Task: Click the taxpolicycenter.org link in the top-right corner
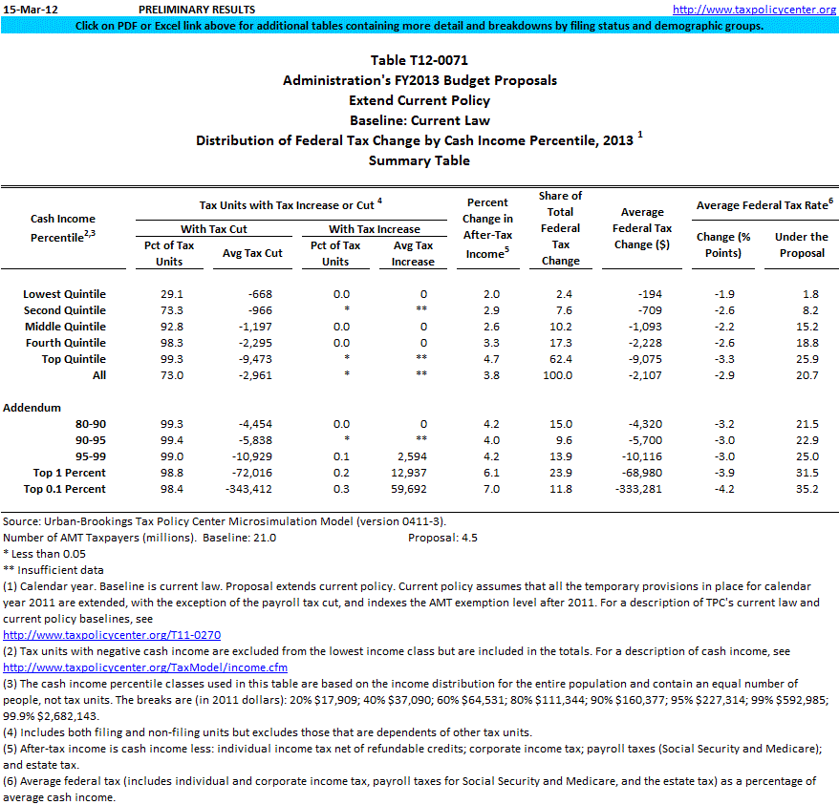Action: (x=754, y=10)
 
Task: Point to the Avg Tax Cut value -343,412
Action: (x=251, y=489)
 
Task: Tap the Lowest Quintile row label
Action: (x=64, y=294)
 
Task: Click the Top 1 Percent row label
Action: (x=69, y=473)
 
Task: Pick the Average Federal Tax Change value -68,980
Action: (x=642, y=473)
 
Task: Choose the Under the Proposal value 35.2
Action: (x=807, y=489)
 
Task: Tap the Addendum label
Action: (x=32, y=408)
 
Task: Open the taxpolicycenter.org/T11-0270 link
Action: (x=112, y=634)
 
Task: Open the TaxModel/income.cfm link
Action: (x=144, y=667)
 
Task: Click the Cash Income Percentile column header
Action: (x=63, y=228)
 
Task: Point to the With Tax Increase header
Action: (x=375, y=229)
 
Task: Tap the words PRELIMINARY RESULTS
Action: (x=196, y=10)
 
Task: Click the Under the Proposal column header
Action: (x=801, y=244)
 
